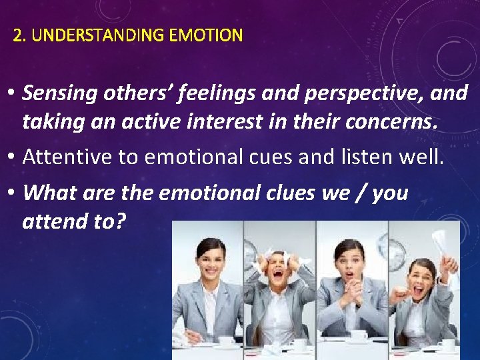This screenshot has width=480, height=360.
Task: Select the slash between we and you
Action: pyautogui.click(x=361, y=193)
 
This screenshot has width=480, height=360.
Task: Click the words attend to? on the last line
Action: pyautogui.click(x=73, y=221)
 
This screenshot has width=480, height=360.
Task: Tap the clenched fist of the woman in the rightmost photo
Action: pyautogui.click(x=400, y=294)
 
